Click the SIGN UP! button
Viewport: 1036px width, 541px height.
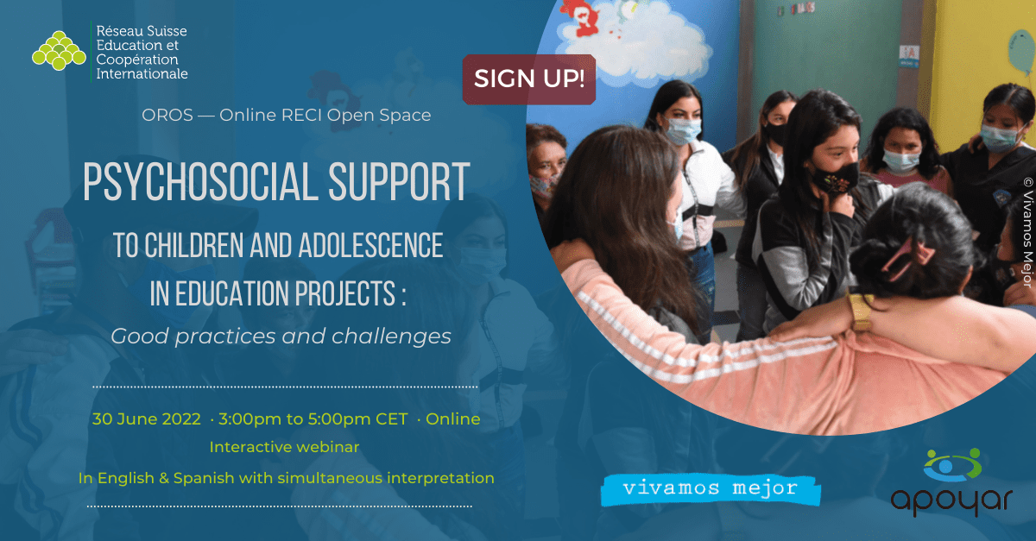529,79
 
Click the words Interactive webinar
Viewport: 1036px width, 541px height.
284,447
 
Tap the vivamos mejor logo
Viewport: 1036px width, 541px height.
710,488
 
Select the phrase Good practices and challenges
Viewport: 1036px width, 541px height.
281,336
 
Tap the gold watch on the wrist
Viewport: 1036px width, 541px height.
861,311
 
